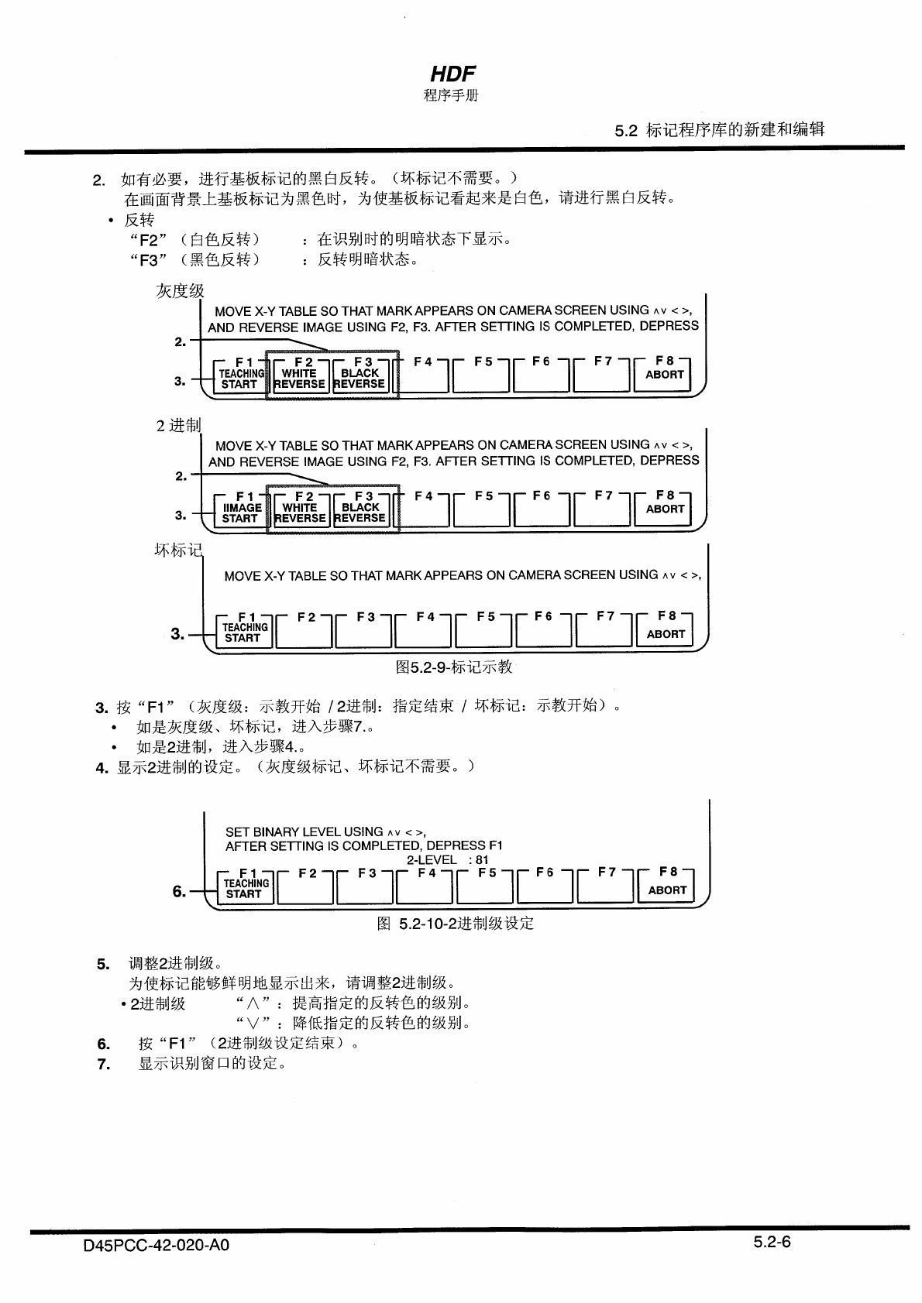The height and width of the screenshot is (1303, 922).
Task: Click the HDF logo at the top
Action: click(452, 74)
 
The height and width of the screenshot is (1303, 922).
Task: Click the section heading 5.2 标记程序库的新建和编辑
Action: click(719, 129)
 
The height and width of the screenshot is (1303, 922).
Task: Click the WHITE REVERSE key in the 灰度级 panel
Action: click(299, 379)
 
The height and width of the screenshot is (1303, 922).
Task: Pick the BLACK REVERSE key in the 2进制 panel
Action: click(360, 513)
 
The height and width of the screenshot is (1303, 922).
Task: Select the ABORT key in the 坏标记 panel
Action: click(665, 633)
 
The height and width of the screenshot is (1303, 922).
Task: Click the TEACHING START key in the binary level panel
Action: click(246, 889)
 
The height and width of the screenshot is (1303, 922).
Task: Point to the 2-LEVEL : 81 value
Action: click(447, 859)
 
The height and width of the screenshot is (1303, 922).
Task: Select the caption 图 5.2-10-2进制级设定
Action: click(455, 923)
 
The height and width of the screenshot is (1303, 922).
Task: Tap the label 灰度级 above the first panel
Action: click(180, 291)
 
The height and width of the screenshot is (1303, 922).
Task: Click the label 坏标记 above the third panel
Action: click(177, 550)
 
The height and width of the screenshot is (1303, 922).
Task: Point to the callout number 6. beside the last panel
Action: click(179, 891)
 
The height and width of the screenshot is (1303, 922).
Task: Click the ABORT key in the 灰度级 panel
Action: click(664, 375)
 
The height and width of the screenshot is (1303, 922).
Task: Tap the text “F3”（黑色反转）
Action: click(194, 259)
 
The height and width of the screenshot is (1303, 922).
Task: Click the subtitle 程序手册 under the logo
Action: click(451, 95)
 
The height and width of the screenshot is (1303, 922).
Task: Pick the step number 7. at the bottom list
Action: click(104, 1064)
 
